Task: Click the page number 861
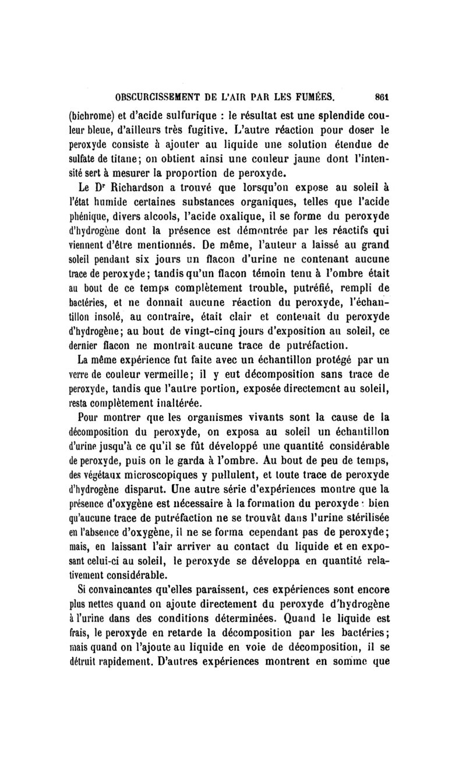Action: point(381,97)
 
